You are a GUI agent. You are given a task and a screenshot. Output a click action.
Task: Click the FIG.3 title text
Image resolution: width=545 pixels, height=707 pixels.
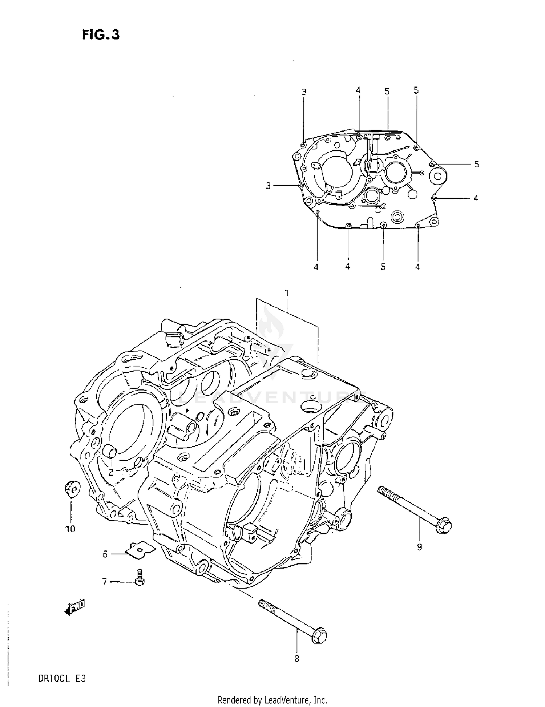101,35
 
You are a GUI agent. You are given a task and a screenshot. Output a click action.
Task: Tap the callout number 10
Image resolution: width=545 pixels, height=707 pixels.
70,529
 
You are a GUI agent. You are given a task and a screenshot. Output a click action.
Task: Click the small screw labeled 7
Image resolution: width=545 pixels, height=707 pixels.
139,577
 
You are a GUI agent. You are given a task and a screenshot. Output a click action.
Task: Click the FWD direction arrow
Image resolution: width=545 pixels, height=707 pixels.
74,607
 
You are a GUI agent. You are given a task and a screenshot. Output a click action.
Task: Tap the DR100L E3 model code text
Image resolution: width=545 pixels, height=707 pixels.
62,678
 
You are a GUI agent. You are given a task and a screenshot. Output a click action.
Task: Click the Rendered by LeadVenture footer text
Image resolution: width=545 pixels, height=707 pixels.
272,699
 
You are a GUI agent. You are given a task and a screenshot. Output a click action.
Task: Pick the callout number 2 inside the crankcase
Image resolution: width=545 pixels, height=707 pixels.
110,472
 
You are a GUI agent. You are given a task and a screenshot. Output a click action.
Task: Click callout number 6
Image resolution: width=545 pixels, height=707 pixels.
105,554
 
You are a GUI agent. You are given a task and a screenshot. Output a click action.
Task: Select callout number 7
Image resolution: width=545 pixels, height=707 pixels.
105,582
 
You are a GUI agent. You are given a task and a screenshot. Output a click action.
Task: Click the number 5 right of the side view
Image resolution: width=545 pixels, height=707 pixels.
476,165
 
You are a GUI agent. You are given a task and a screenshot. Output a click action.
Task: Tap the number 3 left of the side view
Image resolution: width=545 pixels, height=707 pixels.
268,186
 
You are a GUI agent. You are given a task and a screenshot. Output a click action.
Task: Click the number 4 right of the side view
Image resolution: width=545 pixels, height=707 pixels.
476,198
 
